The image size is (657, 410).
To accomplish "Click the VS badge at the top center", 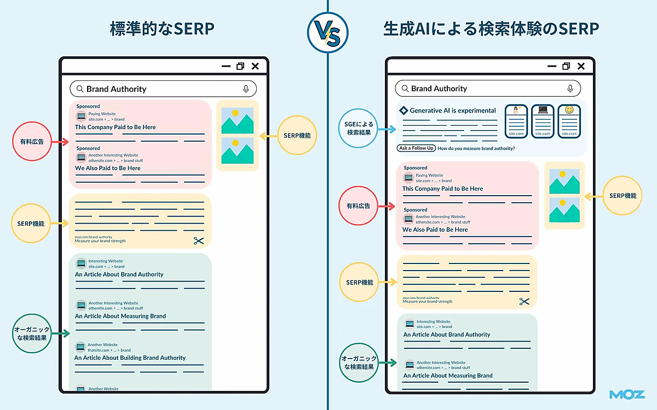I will tap(328, 33).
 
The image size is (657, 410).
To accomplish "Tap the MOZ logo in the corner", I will tap(627, 394).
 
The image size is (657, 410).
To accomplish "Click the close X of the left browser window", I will tap(255, 66).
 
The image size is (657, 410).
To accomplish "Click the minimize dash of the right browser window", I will tap(551, 66).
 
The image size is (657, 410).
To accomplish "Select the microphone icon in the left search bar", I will tap(246, 89).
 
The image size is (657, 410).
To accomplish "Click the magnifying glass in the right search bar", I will tap(405, 89).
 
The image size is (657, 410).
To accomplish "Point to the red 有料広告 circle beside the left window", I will tap(32, 142).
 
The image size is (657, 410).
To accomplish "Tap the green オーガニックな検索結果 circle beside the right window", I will tap(359, 363).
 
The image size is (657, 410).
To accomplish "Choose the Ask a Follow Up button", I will tap(416, 148).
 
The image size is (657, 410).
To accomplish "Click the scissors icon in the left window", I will tap(198, 241).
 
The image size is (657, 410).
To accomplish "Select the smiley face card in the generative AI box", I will tap(569, 121).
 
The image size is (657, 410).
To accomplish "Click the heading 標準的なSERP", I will tap(162, 30).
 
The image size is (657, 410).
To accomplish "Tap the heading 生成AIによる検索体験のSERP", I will tap(491, 30).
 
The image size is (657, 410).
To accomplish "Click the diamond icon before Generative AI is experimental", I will tap(404, 110).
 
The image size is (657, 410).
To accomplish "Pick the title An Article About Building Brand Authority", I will tap(130, 358).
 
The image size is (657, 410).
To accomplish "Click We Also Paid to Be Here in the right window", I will tap(435, 230).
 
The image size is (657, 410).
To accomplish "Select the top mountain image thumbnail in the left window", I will tap(237, 121).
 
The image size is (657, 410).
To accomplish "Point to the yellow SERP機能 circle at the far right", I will tap(623, 195).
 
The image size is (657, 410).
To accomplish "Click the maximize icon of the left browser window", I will tap(240, 66).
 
